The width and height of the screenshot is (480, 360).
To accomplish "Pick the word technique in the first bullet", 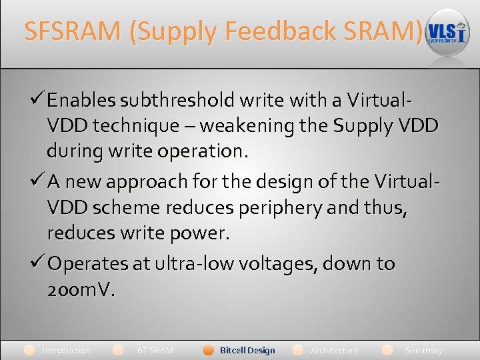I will (x=137, y=125).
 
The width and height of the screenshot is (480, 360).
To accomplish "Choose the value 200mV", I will (x=81, y=289).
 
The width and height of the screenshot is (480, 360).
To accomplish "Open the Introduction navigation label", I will (x=66, y=350).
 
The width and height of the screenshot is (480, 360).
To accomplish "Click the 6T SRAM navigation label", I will (x=155, y=350).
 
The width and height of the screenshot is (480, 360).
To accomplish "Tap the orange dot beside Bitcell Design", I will (x=209, y=350).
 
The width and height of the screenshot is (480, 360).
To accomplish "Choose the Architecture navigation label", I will (x=334, y=350).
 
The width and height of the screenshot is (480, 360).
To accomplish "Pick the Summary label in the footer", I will (x=423, y=350).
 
